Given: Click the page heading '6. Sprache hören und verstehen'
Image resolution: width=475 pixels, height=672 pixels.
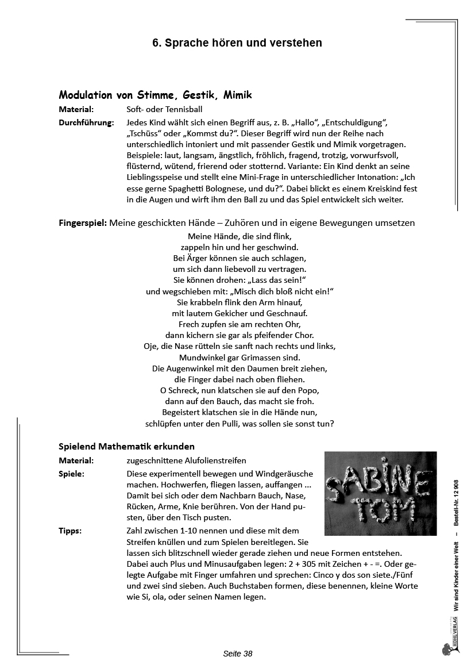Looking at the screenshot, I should tap(237, 43).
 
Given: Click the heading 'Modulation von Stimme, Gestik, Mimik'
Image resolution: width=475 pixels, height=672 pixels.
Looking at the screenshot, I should tap(155, 95).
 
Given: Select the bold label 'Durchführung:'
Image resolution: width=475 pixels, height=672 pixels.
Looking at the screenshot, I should tap(86, 122).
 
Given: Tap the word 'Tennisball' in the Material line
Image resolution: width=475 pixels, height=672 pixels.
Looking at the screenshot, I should tap(184, 109).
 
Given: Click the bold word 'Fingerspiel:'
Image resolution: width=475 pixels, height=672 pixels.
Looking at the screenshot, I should tap(83, 223).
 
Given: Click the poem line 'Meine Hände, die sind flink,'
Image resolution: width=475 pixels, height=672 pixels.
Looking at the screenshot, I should tap(240, 236).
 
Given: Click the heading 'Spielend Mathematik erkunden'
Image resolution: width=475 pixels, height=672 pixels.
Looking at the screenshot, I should tap(126, 446).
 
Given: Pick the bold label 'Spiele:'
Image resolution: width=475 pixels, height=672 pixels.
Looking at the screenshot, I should tap(72, 474).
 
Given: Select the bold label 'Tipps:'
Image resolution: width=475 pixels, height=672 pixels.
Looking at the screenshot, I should tap(70, 531).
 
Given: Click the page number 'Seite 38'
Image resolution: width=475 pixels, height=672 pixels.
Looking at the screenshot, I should tap(238, 654).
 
